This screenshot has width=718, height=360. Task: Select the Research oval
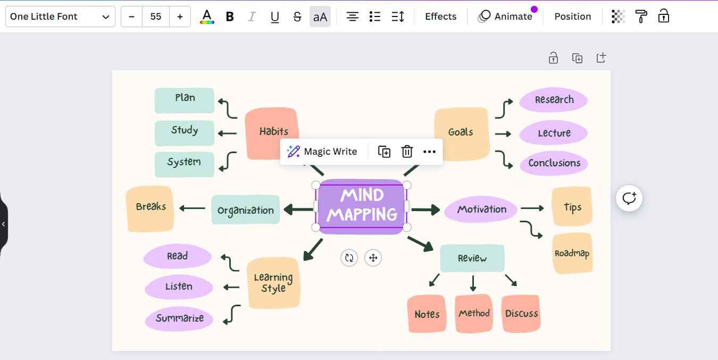pyautogui.click(x=554, y=100)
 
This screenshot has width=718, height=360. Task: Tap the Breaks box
pyautogui.click(x=150, y=208)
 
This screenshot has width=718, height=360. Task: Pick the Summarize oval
pyautogui.click(x=179, y=319)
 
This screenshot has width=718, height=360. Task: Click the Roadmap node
pyautogui.click(x=572, y=253)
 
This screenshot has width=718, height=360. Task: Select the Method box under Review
pyautogui.click(x=473, y=313)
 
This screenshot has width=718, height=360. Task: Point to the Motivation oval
pyautogui.click(x=481, y=210)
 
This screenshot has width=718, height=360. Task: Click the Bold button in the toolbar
pyautogui.click(x=230, y=16)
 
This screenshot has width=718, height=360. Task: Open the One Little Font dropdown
pyautogui.click(x=60, y=16)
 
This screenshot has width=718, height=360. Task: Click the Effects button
pyautogui.click(x=440, y=16)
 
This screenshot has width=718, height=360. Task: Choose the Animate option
pyautogui.click(x=506, y=16)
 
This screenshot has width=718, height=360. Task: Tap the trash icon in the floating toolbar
pyautogui.click(x=407, y=152)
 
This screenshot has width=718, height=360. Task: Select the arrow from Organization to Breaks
pyautogui.click(x=193, y=208)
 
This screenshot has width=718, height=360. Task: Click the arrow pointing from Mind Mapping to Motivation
pyautogui.click(x=425, y=210)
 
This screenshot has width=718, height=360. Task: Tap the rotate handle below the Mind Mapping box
pyautogui.click(x=349, y=258)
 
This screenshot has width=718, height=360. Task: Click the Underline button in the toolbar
pyautogui.click(x=274, y=16)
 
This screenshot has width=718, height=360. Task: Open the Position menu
pyautogui.click(x=572, y=16)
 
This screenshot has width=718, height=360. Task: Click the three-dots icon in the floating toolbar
pyautogui.click(x=429, y=152)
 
